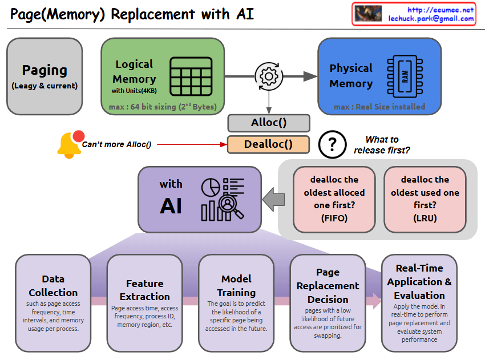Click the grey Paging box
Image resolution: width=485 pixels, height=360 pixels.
45,76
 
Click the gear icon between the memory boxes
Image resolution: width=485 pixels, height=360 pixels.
268,76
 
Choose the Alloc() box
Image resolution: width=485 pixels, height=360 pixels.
268,123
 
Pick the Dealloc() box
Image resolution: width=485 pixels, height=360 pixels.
268,144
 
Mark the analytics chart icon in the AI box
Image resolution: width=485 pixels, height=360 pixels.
222,199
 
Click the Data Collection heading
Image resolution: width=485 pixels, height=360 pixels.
53,286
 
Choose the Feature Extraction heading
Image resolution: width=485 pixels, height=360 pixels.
145,290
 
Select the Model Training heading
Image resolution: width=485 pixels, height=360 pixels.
236,286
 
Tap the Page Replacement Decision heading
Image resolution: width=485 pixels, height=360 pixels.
328,286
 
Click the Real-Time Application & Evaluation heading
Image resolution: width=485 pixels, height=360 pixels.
419,281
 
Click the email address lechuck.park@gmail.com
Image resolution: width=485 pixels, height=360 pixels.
431,19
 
